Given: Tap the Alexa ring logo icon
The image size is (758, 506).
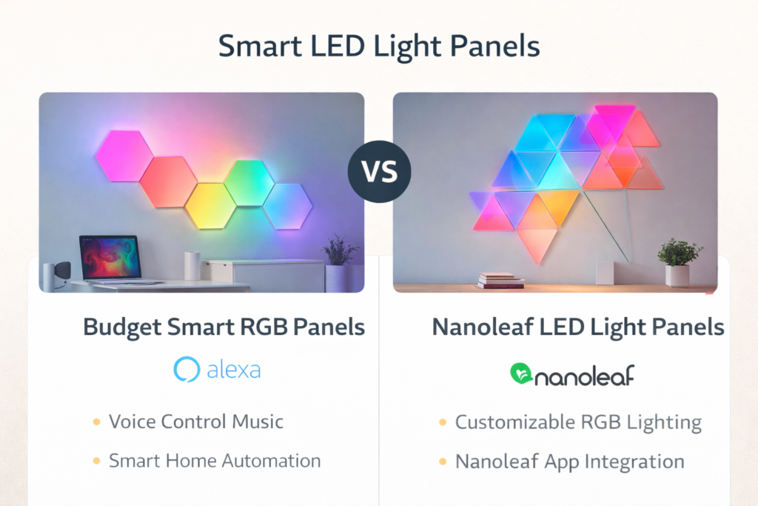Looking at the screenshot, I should pyautogui.click(x=185, y=369).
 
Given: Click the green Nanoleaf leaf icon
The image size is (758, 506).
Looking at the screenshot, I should pyautogui.click(x=522, y=374).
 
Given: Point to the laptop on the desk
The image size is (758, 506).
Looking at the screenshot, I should pyautogui.click(x=111, y=259).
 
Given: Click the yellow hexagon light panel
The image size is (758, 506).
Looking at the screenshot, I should pyautogui.click(x=210, y=205).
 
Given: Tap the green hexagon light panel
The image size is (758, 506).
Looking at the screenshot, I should pyautogui.click(x=249, y=183).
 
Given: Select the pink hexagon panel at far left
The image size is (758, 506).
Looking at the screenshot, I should pyautogui.click(x=124, y=156).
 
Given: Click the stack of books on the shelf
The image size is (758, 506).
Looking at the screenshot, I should pyautogui.click(x=501, y=280).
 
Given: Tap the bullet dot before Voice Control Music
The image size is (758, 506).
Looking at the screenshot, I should pyautogui.click(x=96, y=422).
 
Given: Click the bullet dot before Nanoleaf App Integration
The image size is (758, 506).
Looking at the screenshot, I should pyautogui.click(x=443, y=462).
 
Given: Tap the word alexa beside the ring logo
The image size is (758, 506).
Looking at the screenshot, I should pyautogui.click(x=233, y=370).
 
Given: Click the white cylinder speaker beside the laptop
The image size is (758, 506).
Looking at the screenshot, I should pyautogui.click(x=192, y=265).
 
